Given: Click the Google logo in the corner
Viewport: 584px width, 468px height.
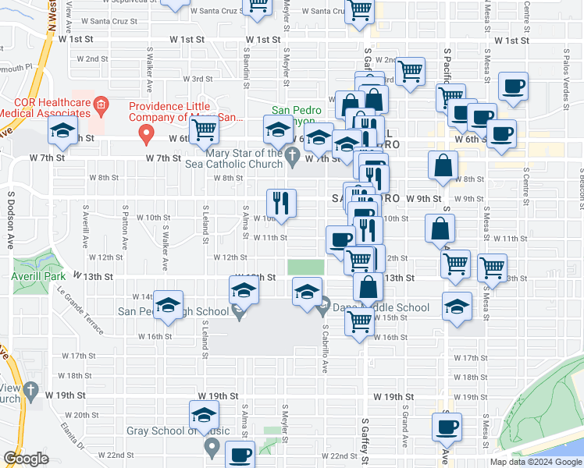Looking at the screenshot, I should [x=26, y=459].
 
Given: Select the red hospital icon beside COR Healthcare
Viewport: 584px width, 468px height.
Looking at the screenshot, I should [x=100, y=105].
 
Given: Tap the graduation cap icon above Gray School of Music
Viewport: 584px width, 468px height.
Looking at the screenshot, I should [x=204, y=413].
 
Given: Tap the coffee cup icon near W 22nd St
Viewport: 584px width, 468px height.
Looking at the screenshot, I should [x=240, y=453].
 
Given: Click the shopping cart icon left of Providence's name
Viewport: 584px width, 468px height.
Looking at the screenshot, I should [x=204, y=132].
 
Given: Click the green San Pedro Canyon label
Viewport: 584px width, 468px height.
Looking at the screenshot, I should [x=297, y=115].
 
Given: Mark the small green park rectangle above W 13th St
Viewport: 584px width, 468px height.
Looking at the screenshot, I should [x=305, y=267].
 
